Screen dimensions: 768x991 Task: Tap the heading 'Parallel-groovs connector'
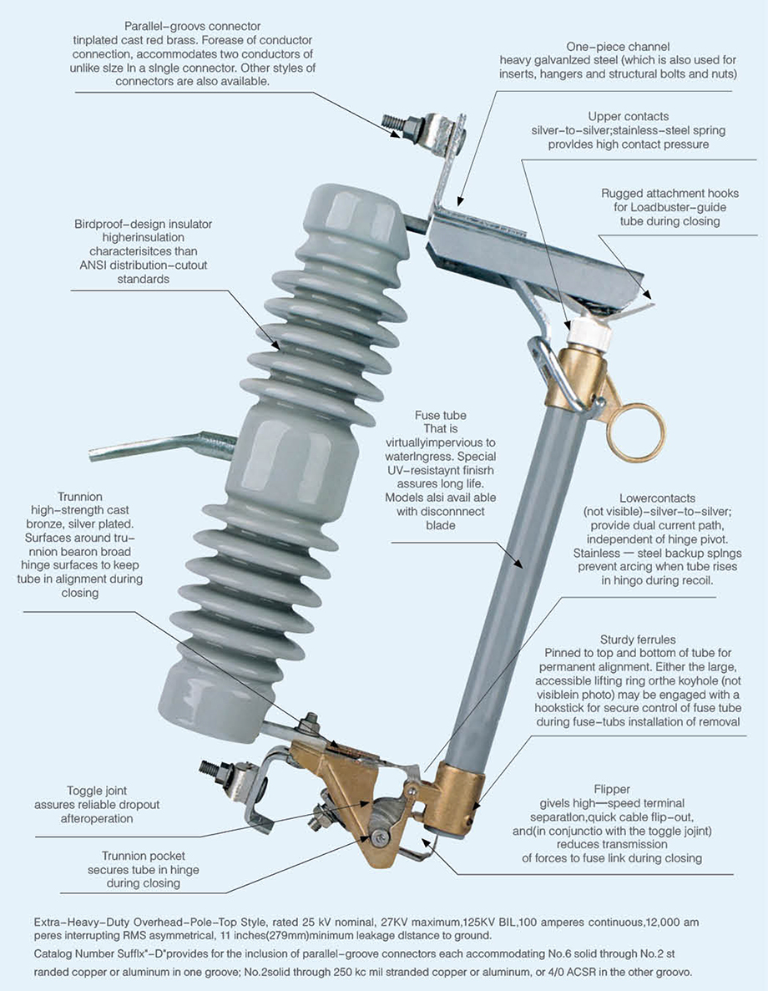pos(192,26)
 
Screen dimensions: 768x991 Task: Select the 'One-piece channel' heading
pos(618,46)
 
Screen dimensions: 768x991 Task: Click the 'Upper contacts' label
pos(628,116)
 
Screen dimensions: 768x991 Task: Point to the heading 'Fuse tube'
pos(440,415)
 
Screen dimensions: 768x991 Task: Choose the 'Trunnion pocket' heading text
pos(144,856)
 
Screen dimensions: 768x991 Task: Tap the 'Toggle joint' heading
pos(97,791)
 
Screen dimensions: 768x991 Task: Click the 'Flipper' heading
pos(611,790)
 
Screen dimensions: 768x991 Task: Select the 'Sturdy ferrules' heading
pos(638,640)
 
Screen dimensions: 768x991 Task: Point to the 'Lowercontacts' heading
pos(657,498)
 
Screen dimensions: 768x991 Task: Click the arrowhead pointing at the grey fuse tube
pos(518,563)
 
